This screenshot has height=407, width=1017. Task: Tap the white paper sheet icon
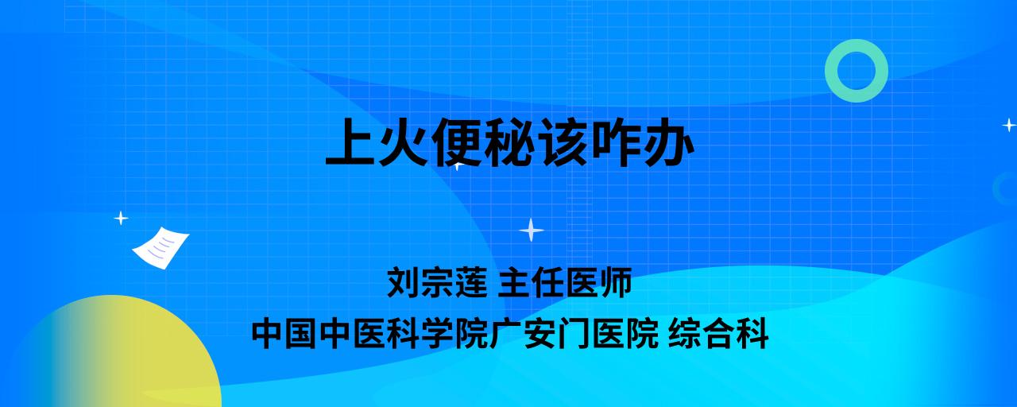160,248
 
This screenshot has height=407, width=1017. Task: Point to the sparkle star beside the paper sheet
121,219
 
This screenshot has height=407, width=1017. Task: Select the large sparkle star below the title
532,230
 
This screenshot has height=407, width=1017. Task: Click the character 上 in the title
350,142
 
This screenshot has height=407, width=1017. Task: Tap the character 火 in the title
403,142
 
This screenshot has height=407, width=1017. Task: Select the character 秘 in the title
508,142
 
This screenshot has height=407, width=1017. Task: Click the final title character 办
668,142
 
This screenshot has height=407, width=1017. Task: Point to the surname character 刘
404,282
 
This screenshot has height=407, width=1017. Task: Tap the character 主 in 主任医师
515,282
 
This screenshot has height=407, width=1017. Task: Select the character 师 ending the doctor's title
616,282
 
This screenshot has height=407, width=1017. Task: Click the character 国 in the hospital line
301,333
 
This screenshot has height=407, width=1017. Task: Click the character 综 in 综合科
685,333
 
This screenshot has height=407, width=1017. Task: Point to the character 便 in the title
456,142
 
